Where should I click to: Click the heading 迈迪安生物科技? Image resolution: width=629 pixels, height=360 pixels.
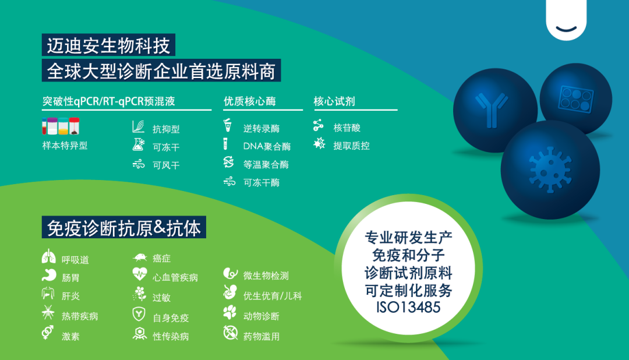[109, 45]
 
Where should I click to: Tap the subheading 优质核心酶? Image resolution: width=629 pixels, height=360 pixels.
[250, 101]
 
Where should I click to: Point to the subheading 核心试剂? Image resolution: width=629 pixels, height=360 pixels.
[334, 101]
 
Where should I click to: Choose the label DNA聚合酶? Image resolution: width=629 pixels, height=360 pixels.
[267, 146]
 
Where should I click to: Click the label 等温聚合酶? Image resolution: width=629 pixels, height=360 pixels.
[266, 164]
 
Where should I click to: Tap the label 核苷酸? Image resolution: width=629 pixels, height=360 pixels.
[347, 128]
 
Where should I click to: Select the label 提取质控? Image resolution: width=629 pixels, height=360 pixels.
[351, 146]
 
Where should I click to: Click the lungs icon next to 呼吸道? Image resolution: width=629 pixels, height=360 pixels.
[49, 257]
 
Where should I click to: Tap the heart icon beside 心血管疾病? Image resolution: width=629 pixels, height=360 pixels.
[140, 274]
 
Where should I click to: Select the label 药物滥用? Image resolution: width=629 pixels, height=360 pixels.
[262, 336]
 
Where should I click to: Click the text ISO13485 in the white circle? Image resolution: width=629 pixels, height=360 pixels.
[408, 306]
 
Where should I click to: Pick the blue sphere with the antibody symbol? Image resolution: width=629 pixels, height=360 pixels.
[494, 111]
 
